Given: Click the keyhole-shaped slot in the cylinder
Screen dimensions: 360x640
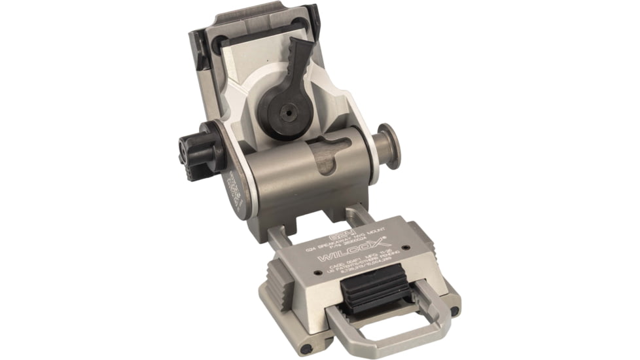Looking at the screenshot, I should click(330, 155).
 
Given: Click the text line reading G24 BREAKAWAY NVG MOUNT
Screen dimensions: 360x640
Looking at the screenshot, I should click(345, 243).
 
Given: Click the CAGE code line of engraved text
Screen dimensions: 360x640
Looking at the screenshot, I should click(357, 266).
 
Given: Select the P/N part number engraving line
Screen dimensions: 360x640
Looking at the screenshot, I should click(346, 247).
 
